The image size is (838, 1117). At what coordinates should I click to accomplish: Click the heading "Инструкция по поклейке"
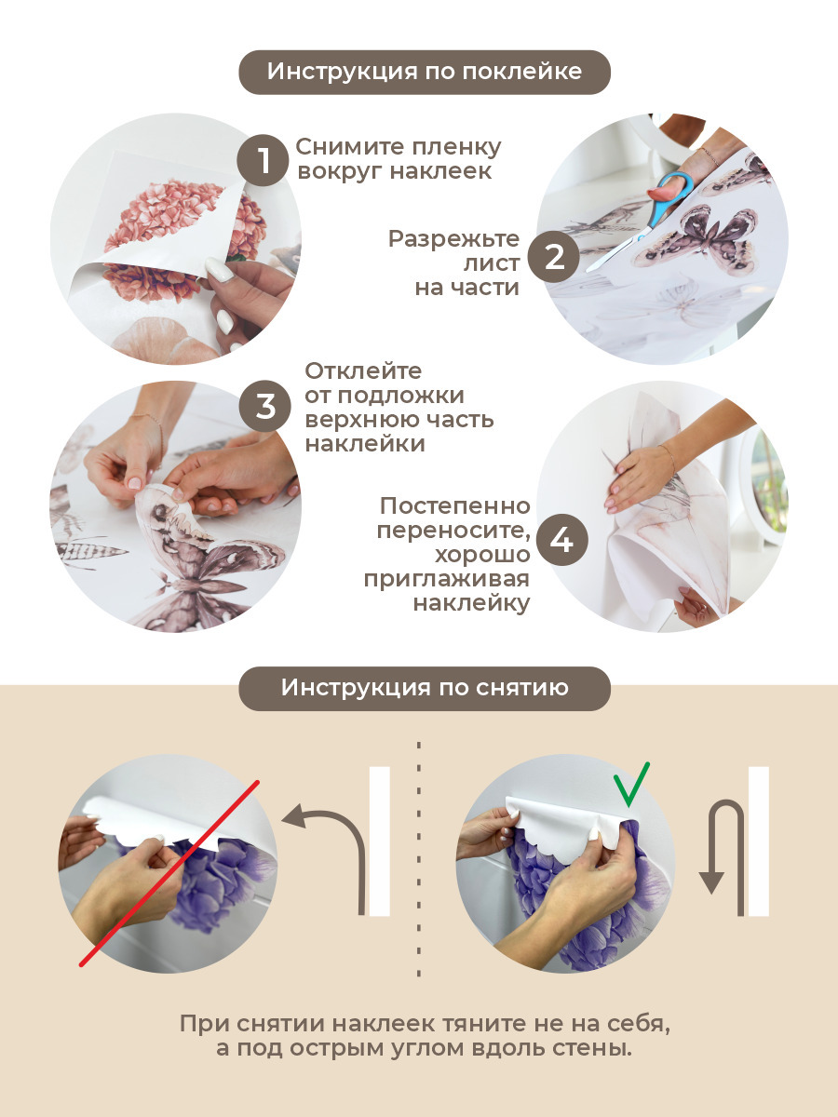pyautogui.click(x=425, y=72)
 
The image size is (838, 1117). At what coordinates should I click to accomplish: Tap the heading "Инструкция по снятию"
pyautogui.click(x=425, y=688)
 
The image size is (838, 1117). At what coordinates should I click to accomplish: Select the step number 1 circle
pyautogui.click(x=264, y=160)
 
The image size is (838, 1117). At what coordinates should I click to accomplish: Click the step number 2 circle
pyautogui.click(x=554, y=257)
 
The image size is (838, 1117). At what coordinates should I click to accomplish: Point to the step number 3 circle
pyautogui.click(x=265, y=407)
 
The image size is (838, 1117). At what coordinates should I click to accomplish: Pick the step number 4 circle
pyautogui.click(x=562, y=540)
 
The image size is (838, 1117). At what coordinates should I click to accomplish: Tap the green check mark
pyautogui.click(x=631, y=785)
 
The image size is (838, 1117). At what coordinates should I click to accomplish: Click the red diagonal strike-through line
pyautogui.click(x=169, y=873)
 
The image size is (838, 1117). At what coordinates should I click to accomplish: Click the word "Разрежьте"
pyautogui.click(x=453, y=238)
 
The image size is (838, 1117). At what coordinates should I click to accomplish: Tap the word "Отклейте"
pyautogui.click(x=363, y=371)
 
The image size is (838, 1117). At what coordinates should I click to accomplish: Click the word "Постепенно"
pyautogui.click(x=455, y=506)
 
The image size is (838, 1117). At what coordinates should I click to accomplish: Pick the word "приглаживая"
pyautogui.click(x=447, y=580)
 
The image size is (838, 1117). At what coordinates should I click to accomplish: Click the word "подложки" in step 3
pyautogui.click(x=401, y=396)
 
